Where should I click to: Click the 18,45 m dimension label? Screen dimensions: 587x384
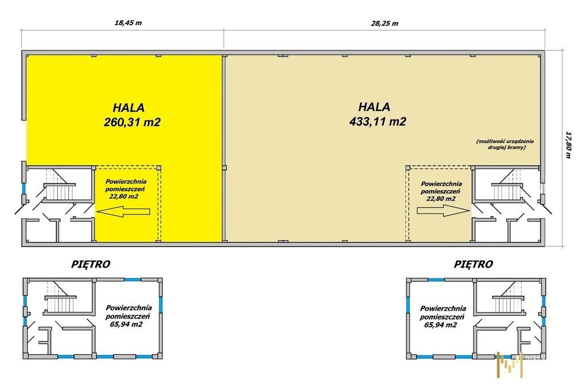tap(128, 23)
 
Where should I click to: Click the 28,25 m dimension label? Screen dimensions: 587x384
tap(385, 23)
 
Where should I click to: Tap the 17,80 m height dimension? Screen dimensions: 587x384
tap(568, 145)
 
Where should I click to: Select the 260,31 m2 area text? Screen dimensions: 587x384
tap(132, 122)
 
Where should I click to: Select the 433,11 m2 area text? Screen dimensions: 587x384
tap(378, 122)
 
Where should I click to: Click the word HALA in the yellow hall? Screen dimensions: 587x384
tap(129, 108)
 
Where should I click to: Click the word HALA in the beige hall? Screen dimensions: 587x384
tap(374, 107)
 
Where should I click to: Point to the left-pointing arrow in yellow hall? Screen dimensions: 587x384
tap(123, 211)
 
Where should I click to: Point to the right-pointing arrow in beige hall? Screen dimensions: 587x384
tap(443, 211)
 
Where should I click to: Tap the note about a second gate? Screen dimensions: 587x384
tap(505, 144)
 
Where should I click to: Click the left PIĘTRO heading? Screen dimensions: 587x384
tap(91, 264)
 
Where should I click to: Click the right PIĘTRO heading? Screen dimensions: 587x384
tap(473, 264)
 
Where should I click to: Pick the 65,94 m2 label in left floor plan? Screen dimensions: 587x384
tap(126, 324)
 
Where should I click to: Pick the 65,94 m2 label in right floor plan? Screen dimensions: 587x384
tap(441, 325)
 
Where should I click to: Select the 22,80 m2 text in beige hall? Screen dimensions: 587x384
tap(441, 198)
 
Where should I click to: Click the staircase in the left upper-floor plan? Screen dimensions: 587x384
tap(60, 303)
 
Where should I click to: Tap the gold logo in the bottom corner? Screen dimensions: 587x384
tap(510, 365)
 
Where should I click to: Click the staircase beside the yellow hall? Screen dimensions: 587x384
tap(60, 190)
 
